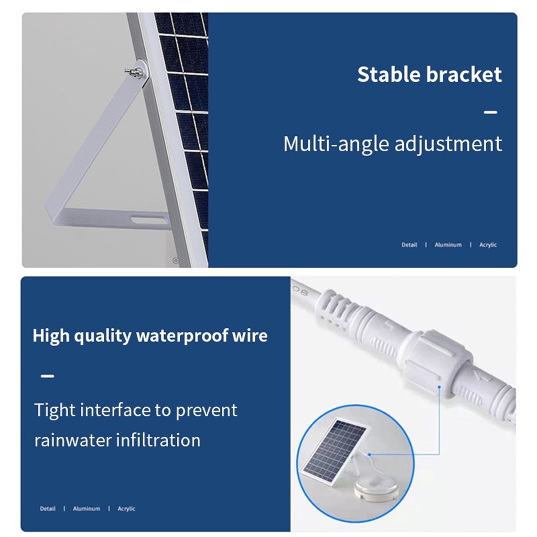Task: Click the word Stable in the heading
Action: (x=388, y=74)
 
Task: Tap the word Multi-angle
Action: (x=336, y=144)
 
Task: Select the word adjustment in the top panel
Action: (x=448, y=144)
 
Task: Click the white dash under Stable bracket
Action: (x=490, y=112)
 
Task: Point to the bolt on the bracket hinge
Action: (x=134, y=72)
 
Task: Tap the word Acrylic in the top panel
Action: (x=488, y=245)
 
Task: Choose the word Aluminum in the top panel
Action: (x=448, y=245)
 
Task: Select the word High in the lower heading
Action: (x=51, y=336)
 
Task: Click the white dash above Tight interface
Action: (x=47, y=376)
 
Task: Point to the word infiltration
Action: (x=158, y=440)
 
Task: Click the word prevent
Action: (x=206, y=411)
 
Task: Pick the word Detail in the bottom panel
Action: (x=48, y=509)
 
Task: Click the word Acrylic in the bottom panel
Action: (x=126, y=509)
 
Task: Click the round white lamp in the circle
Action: (x=377, y=486)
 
